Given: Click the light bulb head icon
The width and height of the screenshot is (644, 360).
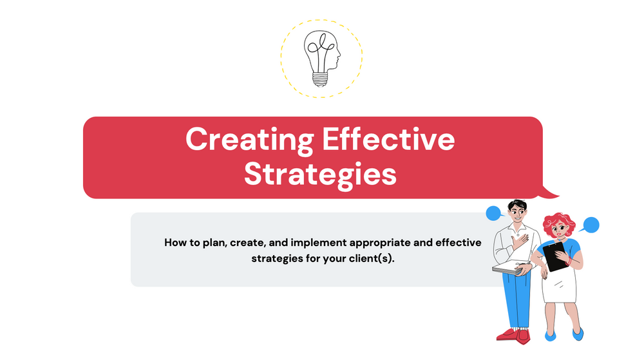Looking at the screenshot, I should tap(321, 58).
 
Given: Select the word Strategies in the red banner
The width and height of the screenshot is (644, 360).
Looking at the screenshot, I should tap(320, 175).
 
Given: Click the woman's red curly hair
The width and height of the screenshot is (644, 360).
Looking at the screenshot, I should tap(558, 222).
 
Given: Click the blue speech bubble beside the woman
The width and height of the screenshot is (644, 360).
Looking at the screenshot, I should tap(589, 225).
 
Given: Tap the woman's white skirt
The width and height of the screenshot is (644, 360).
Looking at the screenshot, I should tap(558, 283).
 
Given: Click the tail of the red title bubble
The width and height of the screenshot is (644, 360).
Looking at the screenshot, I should tap(551, 191).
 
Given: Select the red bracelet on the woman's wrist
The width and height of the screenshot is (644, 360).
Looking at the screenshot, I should tap(568, 261).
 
